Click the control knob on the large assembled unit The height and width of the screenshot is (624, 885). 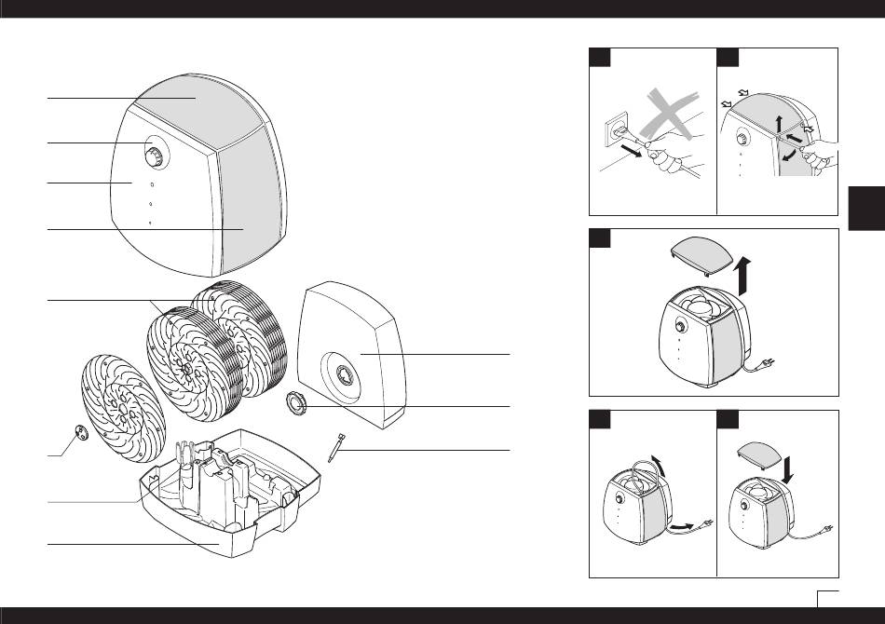pos(156,152)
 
